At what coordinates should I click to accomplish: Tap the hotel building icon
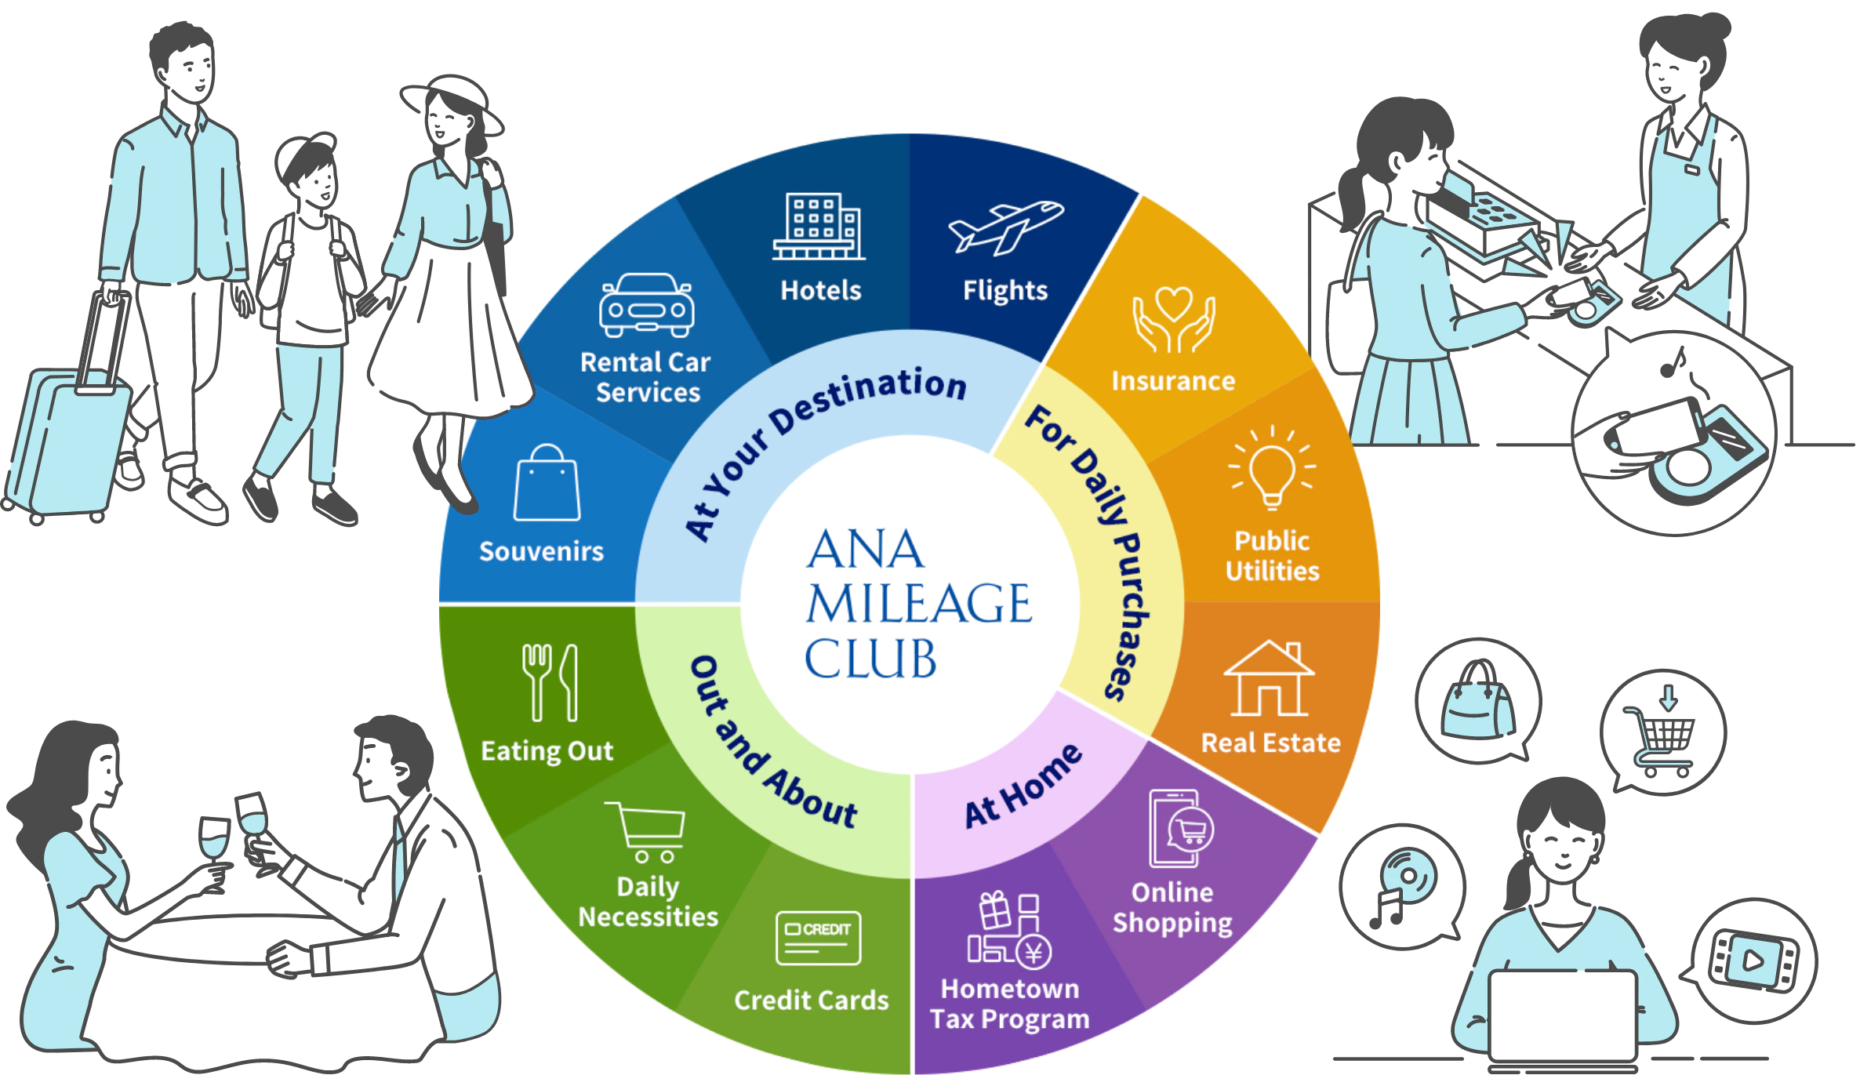tap(819, 227)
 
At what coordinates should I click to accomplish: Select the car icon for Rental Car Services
tap(646, 305)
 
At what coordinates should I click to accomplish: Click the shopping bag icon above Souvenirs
tap(547, 484)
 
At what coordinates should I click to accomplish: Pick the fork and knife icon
tap(550, 682)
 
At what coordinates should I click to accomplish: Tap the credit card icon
tap(818, 938)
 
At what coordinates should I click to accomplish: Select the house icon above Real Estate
tap(1269, 679)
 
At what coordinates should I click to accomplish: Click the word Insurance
tap(1173, 381)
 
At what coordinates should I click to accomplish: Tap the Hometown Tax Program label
tap(1009, 1004)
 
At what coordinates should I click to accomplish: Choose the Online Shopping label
tap(1172, 907)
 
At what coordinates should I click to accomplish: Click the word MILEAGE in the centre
tap(919, 603)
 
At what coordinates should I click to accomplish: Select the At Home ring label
tap(1023, 786)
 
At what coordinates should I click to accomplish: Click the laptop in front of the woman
tap(1562, 1015)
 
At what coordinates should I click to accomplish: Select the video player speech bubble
tap(1753, 960)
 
